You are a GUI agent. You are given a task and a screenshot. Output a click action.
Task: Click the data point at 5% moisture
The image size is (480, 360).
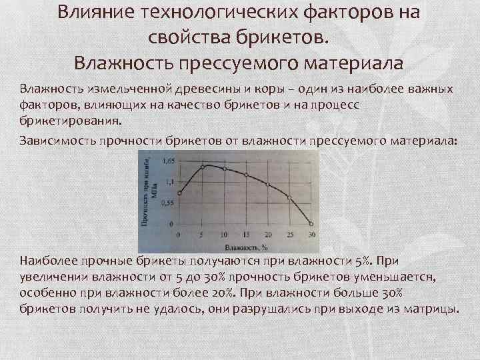pyautogui.click(x=202, y=167)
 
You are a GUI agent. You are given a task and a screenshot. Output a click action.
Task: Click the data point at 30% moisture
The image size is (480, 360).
pyautogui.click(x=311, y=223)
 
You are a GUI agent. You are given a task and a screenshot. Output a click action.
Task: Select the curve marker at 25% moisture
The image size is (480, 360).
pyautogui.click(x=289, y=197)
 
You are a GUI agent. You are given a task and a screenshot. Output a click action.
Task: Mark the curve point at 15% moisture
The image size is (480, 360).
pyautogui.click(x=246, y=175)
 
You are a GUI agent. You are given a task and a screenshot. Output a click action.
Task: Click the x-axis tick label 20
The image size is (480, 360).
pyautogui.click(x=268, y=235)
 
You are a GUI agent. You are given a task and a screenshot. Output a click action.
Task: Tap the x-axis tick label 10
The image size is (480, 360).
pyautogui.click(x=224, y=235)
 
